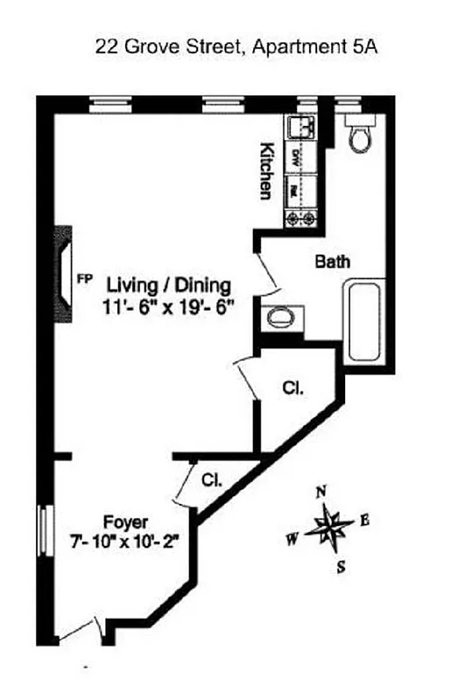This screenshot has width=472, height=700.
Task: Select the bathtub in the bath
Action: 361,320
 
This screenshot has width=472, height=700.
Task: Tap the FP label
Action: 85,279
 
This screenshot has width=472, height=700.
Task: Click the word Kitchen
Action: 266,171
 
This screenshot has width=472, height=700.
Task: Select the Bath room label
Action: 333,261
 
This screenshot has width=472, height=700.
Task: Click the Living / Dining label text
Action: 168,285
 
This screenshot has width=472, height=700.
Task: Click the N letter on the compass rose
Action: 321,492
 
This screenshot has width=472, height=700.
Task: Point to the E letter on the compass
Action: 364,521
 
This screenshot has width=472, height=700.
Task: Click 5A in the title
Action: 364,48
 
